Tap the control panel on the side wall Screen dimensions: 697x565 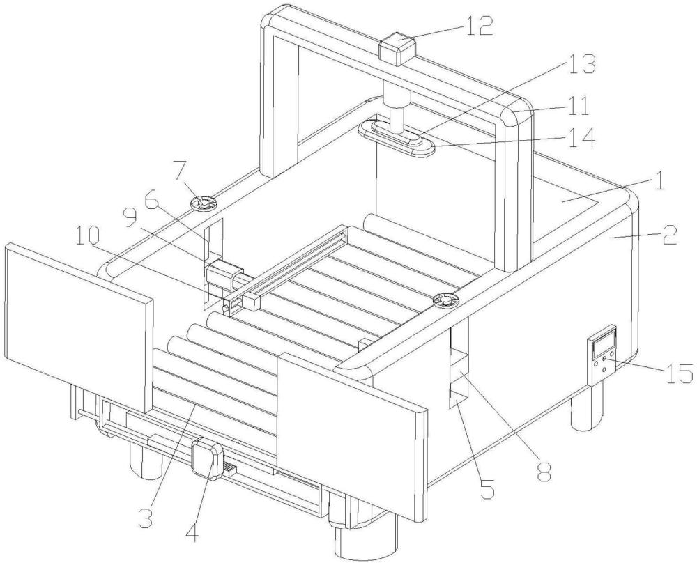click(602, 353)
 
